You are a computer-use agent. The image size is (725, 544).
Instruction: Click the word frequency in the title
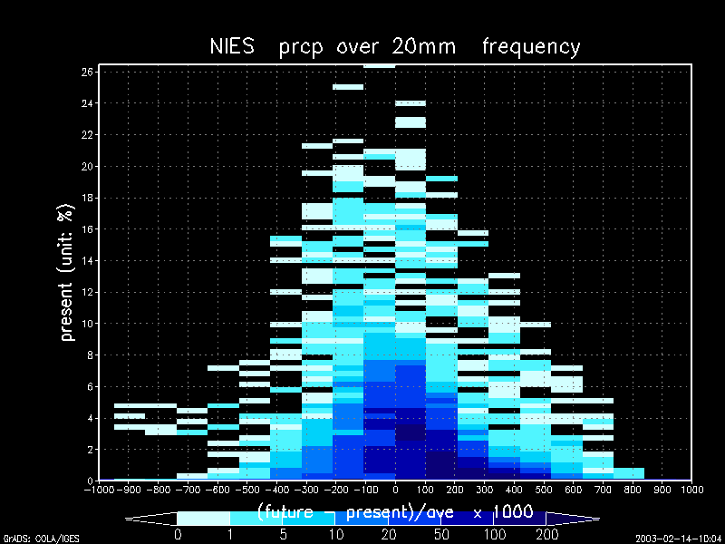pyautogui.click(x=531, y=46)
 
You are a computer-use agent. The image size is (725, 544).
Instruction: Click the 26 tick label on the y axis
pyautogui.click(x=87, y=72)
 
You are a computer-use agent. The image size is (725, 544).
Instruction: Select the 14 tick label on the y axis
pyautogui.click(x=87, y=260)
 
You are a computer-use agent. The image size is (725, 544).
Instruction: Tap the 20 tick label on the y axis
pyautogui.click(x=87, y=166)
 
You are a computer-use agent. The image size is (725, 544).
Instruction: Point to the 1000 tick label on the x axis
pyautogui.click(x=691, y=490)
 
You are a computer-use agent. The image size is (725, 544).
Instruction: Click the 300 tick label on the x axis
pyautogui.click(x=484, y=490)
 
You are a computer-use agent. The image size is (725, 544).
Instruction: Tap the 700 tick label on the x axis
pyautogui.click(x=603, y=490)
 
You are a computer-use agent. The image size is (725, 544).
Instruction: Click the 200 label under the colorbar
pyautogui.click(x=546, y=535)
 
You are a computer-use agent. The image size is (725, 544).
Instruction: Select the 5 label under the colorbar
pyautogui.click(x=283, y=535)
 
